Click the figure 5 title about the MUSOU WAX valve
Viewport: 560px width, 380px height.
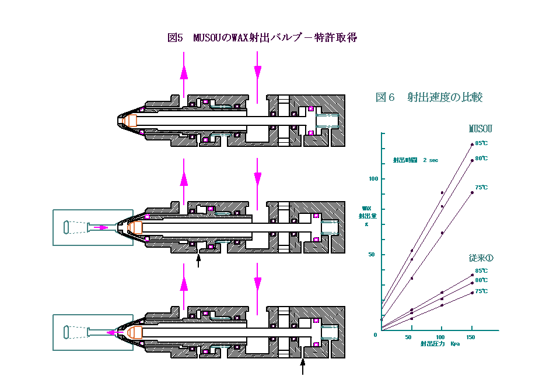[x=262, y=38]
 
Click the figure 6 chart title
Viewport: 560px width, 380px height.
[x=429, y=97]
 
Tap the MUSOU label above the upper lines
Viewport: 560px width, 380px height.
[x=481, y=129]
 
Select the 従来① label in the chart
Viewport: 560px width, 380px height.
[x=481, y=258]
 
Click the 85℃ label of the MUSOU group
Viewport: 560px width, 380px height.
[x=481, y=143]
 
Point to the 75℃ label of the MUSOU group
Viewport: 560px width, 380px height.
[x=481, y=188]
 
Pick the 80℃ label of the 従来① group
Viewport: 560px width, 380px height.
[x=481, y=280]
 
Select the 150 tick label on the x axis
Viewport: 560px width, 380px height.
[x=471, y=337]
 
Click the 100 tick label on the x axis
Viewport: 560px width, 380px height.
[x=441, y=337]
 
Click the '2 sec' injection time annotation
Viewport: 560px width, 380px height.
[x=415, y=160]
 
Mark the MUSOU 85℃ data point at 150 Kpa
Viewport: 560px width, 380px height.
[x=471, y=145]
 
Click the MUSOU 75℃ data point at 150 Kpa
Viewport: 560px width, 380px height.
[x=471, y=192]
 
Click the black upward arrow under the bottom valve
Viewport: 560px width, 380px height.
[x=303, y=365]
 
